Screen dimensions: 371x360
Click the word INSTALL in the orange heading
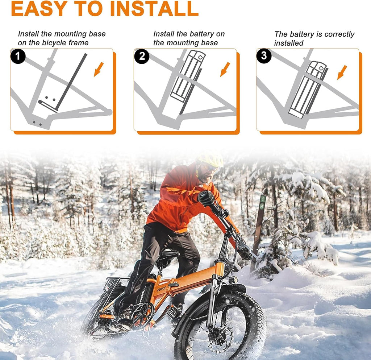[154, 9]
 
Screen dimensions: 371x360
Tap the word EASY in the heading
[39, 9]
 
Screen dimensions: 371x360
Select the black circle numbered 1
[18, 56]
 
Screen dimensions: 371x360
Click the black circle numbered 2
[142, 56]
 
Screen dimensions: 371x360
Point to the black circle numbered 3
[264, 56]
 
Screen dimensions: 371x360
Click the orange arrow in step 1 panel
[99, 69]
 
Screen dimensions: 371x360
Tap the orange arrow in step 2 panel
[225, 69]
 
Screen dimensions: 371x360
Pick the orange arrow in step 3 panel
[342, 73]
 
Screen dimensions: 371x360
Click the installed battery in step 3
[308, 90]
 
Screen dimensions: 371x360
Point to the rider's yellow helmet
[210, 159]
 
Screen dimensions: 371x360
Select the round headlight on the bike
[233, 280]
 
